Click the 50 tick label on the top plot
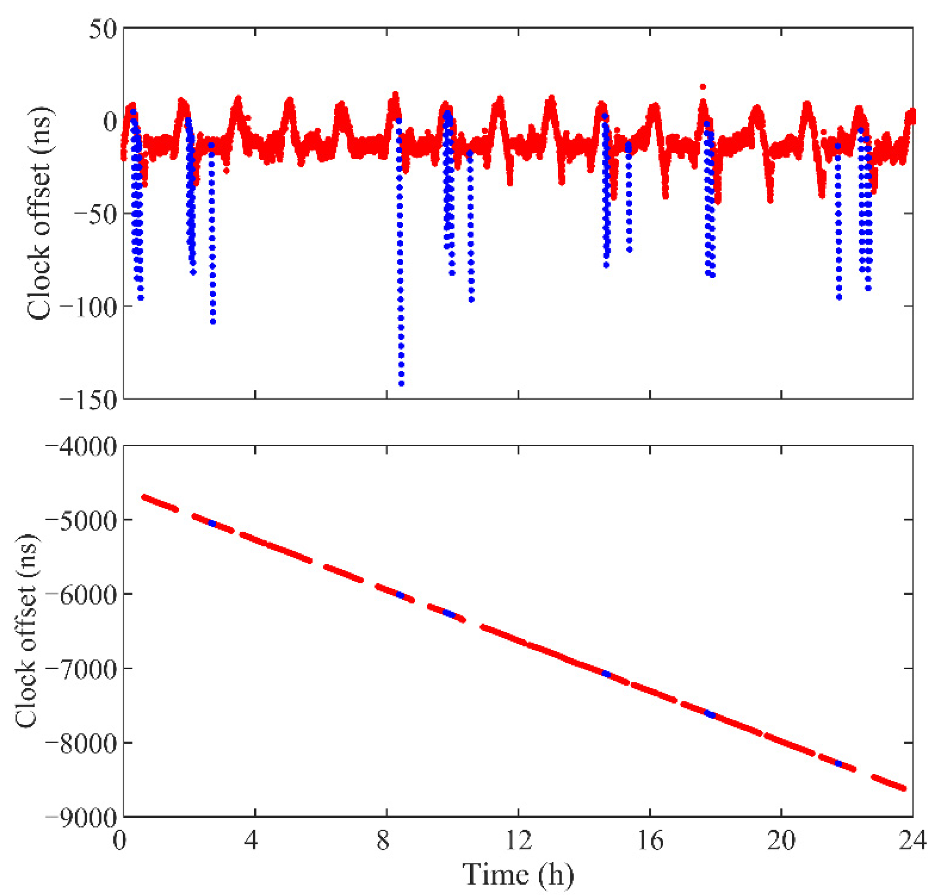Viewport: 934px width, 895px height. pos(103,30)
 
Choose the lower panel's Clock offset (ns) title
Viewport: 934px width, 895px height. pos(26,632)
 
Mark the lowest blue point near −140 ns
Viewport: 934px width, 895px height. pos(401,383)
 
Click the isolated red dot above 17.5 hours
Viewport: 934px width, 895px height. pos(702,87)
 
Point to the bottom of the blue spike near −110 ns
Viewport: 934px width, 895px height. pos(213,322)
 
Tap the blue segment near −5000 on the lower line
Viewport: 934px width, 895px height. pos(213,524)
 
